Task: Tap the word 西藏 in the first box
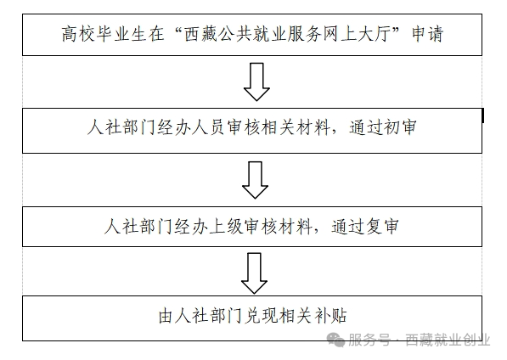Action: pos(200,34)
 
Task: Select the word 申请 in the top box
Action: pos(427,34)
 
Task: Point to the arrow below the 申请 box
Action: pos(256,82)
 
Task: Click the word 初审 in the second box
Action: pos(399,127)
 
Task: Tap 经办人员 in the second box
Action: pos(191,127)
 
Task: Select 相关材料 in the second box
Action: pos(295,127)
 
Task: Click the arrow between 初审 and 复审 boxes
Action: pos(255,180)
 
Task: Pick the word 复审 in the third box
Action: pos(382,227)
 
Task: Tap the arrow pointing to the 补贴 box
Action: pos(254,273)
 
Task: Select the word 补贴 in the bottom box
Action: pos(330,316)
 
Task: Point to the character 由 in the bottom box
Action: pos(166,316)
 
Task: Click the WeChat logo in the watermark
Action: pos(335,340)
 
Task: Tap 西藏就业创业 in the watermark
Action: pos(448,340)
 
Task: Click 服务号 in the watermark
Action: pos(369,340)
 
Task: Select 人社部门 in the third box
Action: pos(138,227)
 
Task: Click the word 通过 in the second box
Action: pos(366,127)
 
